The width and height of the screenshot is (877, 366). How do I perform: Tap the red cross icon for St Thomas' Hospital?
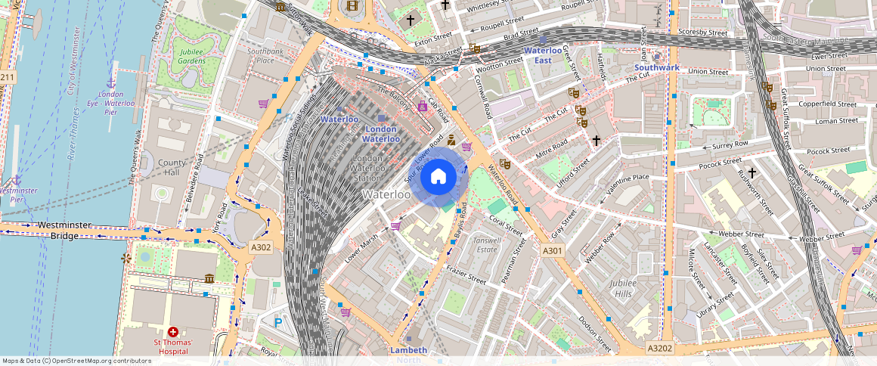[173, 332]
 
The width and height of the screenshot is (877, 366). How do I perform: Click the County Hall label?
[172, 167]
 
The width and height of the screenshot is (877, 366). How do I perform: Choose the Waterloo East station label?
[544, 55]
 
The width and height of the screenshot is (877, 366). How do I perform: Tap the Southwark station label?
[657, 67]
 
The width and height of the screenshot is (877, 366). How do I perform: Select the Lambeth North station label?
[408, 354]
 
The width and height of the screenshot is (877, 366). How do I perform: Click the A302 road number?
[261, 247]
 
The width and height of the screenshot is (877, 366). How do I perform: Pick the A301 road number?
[553, 250]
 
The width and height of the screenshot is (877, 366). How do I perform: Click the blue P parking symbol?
[277, 323]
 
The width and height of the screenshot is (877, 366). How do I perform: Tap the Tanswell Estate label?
[485, 244]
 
